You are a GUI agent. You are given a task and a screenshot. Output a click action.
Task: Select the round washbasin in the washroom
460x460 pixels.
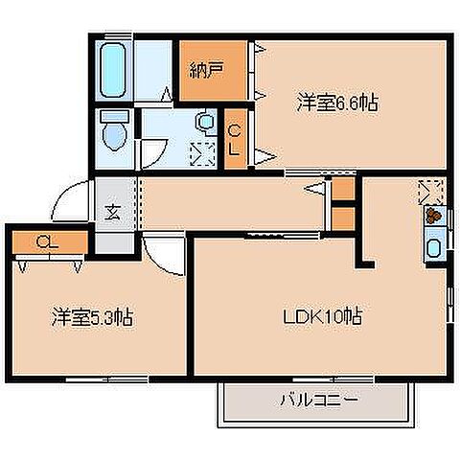coord(204,122)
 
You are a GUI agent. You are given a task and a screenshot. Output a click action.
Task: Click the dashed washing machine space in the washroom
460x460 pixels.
coord(202,152)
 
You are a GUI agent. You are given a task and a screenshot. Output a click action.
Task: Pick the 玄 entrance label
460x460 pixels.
coord(110,212)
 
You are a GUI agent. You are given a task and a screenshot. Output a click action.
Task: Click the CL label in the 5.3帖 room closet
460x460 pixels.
coord(45,241)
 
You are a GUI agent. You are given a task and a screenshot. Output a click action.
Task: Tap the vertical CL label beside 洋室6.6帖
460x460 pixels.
coord(234,140)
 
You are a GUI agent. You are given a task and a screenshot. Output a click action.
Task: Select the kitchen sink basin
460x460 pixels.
coord(432,250)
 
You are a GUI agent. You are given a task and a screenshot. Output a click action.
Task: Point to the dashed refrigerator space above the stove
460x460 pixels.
coord(430,191)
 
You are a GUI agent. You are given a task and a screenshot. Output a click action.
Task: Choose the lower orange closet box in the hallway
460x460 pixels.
coord(343,218)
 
